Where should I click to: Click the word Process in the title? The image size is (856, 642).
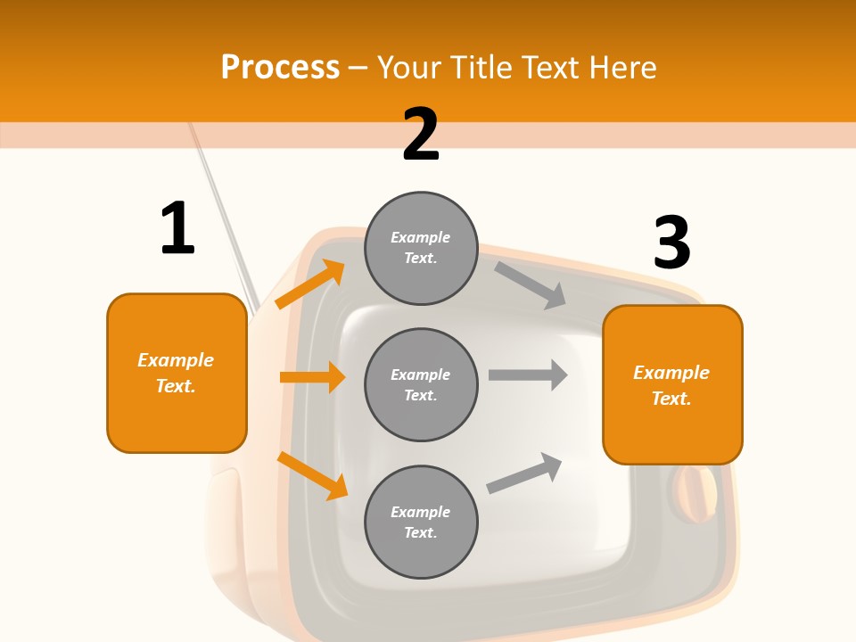click(280, 68)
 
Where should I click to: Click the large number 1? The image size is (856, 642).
click(177, 229)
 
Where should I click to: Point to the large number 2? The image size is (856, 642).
click(421, 135)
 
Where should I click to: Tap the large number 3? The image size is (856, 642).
click(671, 243)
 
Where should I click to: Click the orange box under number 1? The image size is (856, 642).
click(177, 373)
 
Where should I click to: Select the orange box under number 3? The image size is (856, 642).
click(672, 385)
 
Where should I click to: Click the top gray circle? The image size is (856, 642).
click(421, 248)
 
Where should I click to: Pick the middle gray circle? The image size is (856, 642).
click(421, 384)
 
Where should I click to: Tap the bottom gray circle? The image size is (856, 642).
click(421, 522)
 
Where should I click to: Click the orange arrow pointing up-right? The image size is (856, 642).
click(310, 284)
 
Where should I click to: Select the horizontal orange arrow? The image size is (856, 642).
click(312, 377)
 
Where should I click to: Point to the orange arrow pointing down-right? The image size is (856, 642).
click(312, 475)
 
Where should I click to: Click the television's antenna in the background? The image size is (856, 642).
click(223, 214)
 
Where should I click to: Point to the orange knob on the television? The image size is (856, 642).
click(694, 496)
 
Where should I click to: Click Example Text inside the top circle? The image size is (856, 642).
click(421, 248)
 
